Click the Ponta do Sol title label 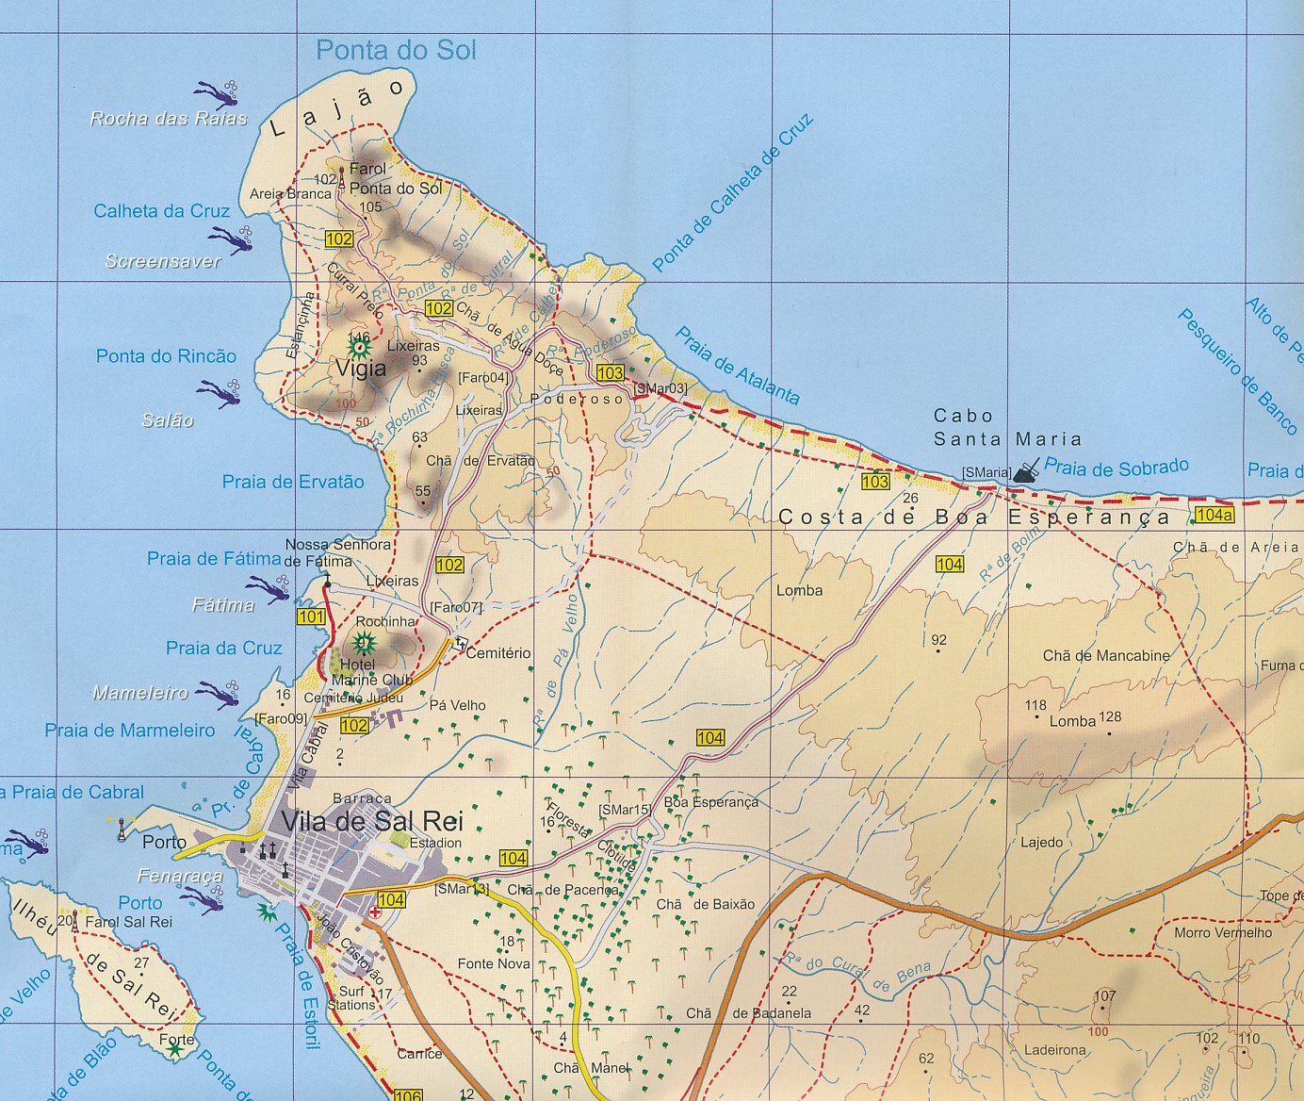coord(396,50)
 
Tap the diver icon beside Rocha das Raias coord(217,93)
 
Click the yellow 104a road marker coord(1213,515)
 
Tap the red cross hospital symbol coord(375,913)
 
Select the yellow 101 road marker coord(311,617)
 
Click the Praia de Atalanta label coord(737,366)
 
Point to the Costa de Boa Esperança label coord(973,518)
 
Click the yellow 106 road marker coord(407,1094)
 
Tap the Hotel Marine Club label coord(371,672)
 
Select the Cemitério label coord(498,652)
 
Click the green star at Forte coord(176,1050)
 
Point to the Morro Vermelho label coord(1223,932)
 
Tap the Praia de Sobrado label coord(1117,467)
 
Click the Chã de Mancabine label coord(1106,655)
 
